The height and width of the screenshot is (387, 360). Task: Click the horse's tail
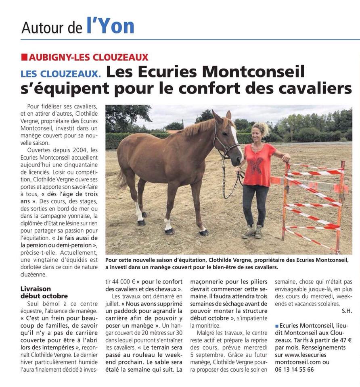[121, 177]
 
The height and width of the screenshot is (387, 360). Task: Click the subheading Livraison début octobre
[44, 292]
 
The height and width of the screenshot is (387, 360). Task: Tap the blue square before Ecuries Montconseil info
[277, 325]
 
